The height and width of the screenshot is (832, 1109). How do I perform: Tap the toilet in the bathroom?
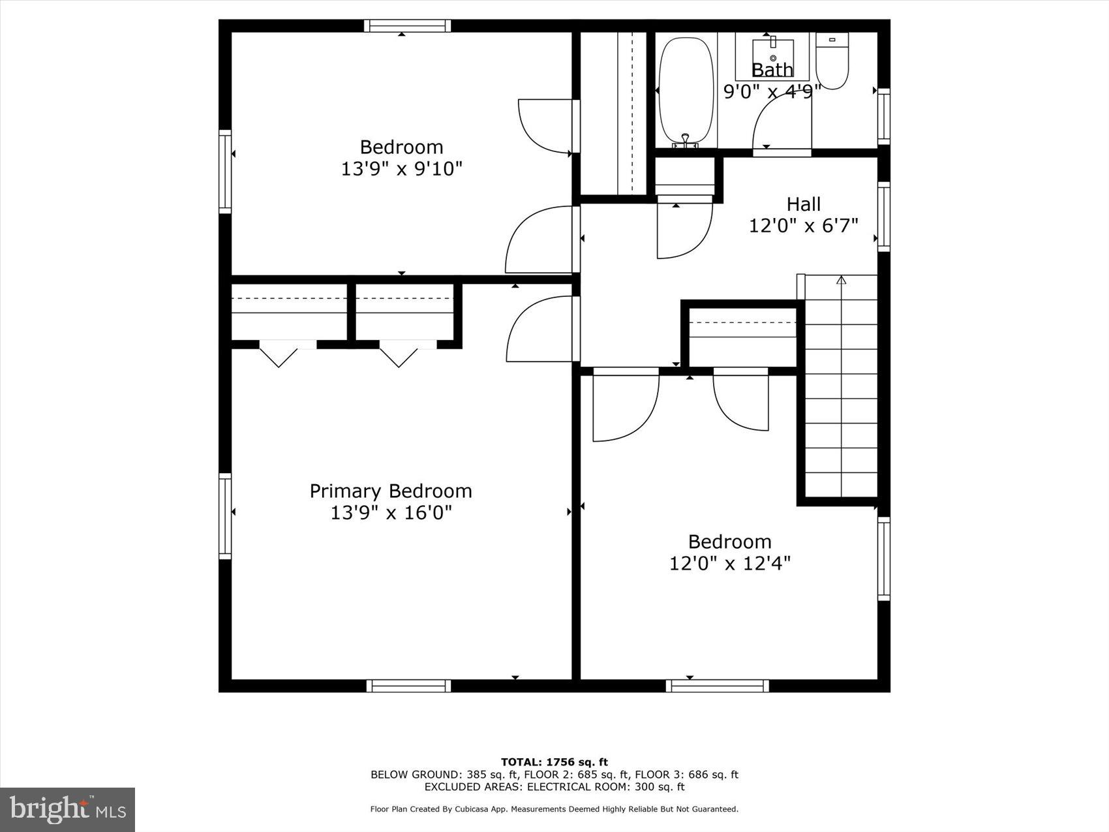coord(832,62)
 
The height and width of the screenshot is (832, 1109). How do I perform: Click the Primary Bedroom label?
coord(390,491)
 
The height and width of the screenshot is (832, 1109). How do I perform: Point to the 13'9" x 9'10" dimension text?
coord(401,169)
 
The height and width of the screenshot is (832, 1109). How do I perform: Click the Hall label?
coord(803,204)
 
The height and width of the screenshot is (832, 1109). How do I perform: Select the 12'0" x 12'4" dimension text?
coord(729,563)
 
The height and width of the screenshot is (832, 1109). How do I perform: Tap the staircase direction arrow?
coord(841,281)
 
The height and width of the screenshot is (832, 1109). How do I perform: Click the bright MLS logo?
coord(68,809)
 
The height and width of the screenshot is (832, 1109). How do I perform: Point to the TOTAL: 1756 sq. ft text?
coord(554,762)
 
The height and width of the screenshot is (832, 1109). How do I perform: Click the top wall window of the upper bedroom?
coord(407,26)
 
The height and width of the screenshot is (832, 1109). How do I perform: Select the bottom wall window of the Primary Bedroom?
coord(408,685)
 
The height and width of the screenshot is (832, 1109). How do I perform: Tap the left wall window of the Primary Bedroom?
coord(225,516)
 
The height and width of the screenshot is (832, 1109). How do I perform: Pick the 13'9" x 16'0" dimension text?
coord(391,513)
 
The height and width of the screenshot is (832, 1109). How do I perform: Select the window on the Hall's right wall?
coord(884,217)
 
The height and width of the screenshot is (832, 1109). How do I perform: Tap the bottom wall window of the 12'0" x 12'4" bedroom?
coord(717,685)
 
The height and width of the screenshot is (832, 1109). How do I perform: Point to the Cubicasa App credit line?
coord(554,809)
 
